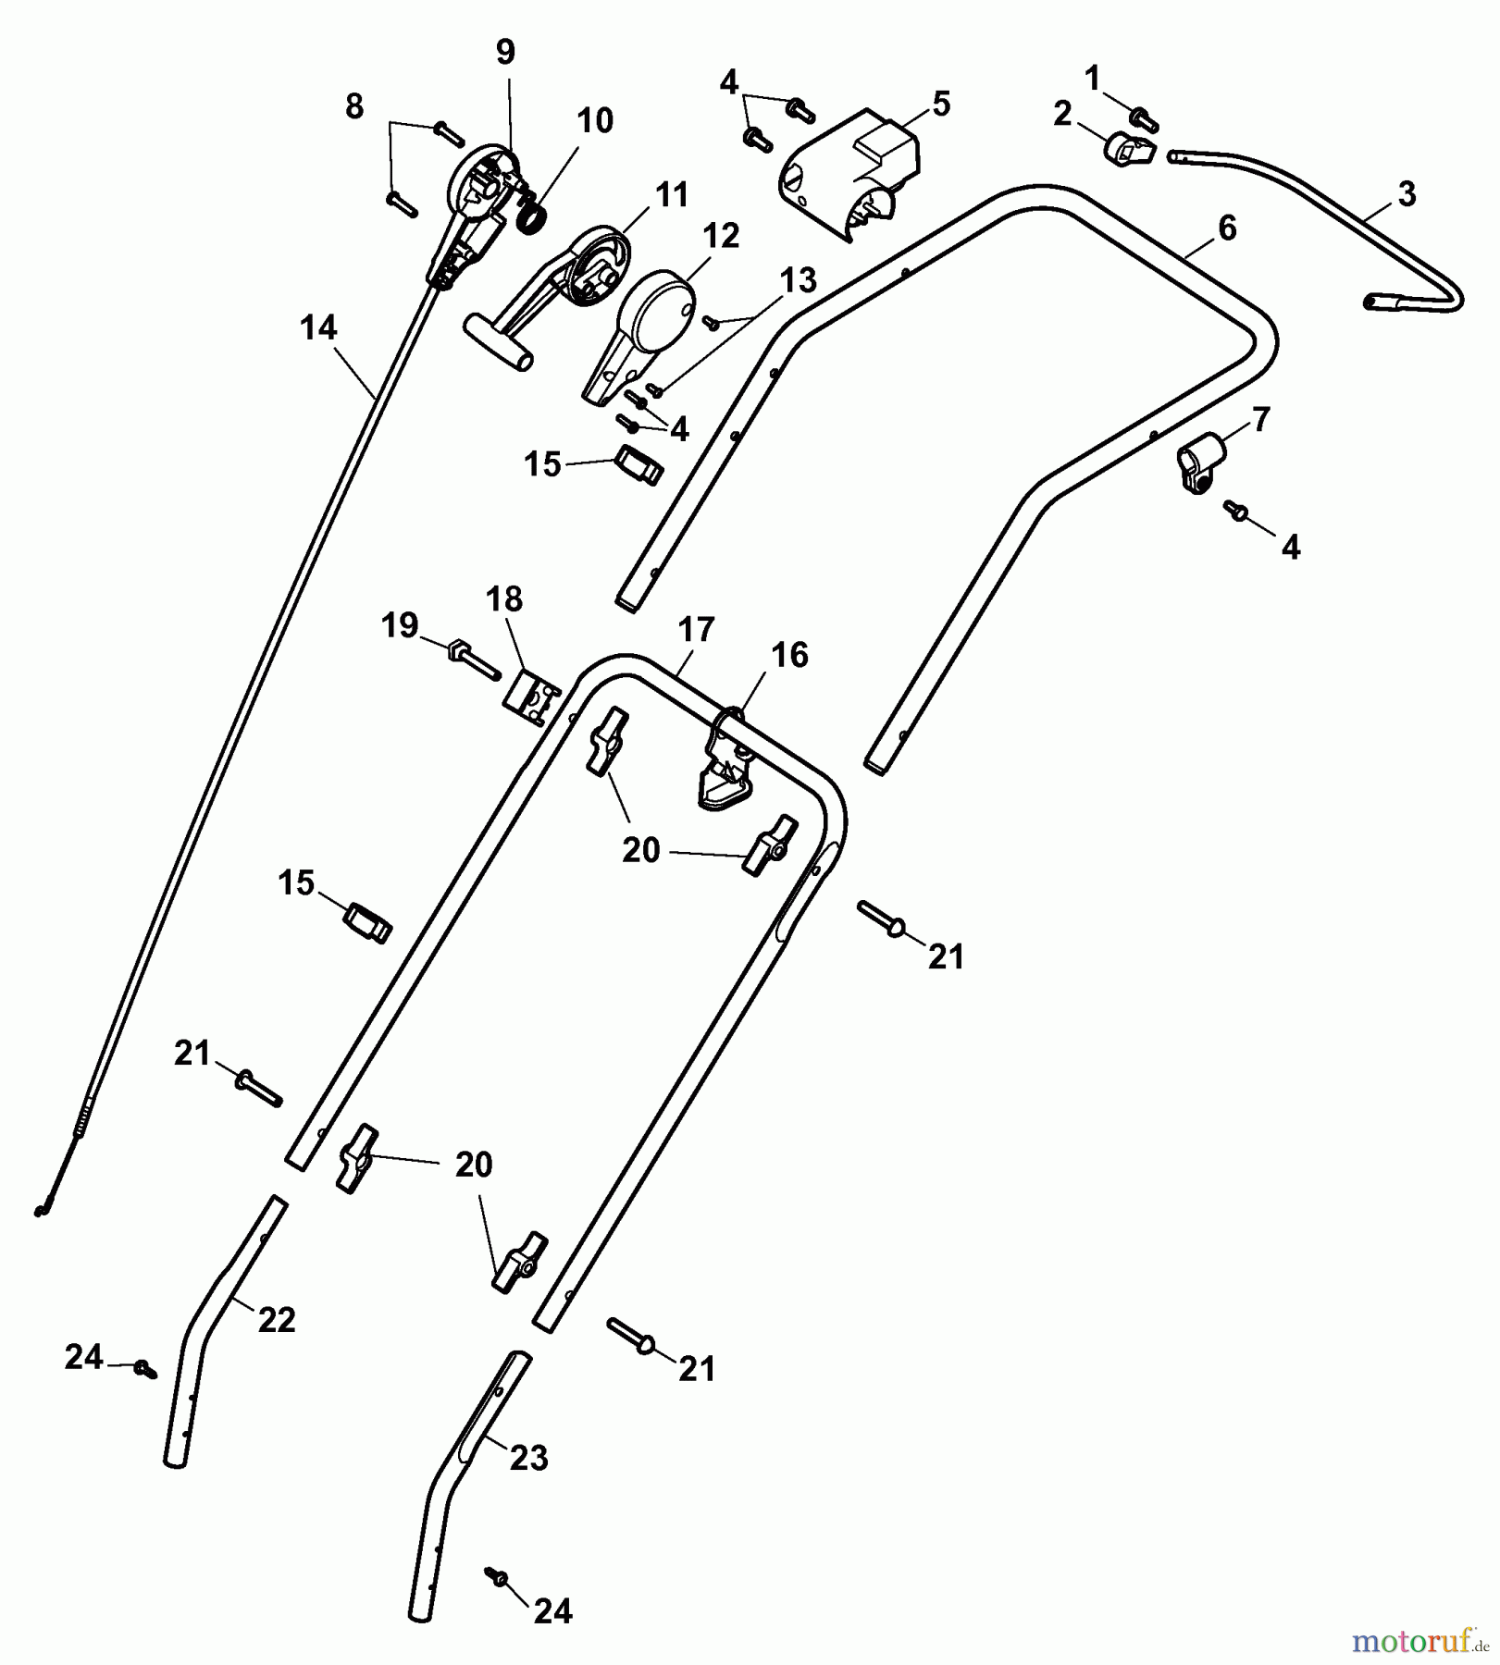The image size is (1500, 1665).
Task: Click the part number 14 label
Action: click(x=318, y=327)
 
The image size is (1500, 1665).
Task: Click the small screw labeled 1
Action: click(x=1144, y=118)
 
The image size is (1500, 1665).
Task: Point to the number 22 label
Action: click(x=276, y=1319)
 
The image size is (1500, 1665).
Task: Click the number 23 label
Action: click(x=529, y=1459)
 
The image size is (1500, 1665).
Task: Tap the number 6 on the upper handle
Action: click(x=1227, y=227)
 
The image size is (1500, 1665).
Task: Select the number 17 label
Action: click(x=696, y=631)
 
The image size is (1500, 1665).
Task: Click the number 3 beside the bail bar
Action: click(x=1406, y=195)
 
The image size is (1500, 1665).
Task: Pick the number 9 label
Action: click(x=504, y=53)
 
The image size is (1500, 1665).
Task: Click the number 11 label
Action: click(x=672, y=195)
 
